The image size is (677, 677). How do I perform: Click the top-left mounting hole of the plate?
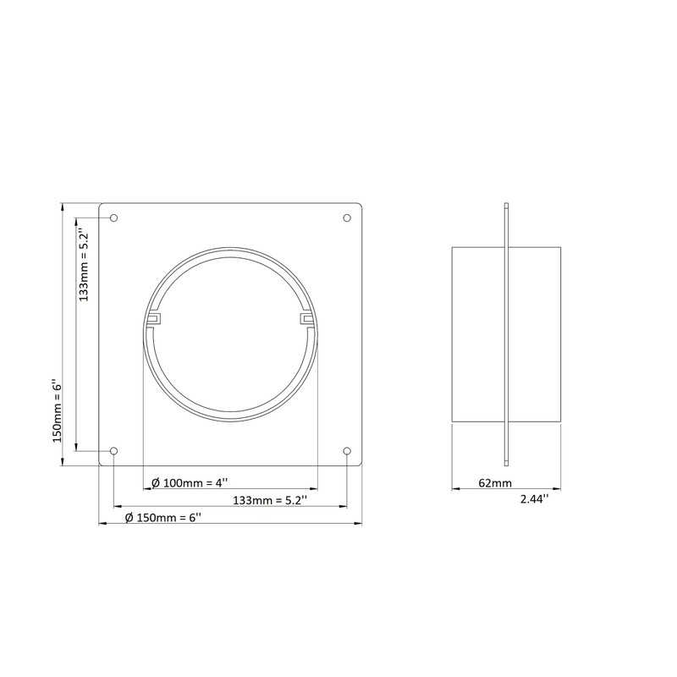114,218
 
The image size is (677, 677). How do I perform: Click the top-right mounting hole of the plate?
347,218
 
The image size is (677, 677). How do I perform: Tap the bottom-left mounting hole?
114,451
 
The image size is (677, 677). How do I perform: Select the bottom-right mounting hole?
347,451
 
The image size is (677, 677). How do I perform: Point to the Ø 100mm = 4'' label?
190,482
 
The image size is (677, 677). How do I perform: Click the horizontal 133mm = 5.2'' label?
269,500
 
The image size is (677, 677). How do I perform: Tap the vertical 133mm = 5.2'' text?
83,265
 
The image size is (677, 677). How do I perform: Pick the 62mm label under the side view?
495,483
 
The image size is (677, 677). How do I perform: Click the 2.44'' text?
534,499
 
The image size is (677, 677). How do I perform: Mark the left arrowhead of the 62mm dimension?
455,489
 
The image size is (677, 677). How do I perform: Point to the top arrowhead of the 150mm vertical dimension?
64,206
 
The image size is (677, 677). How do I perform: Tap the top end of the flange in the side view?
506,206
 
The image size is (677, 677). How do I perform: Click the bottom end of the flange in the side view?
506,462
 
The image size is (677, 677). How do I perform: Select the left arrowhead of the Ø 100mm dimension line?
146,489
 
